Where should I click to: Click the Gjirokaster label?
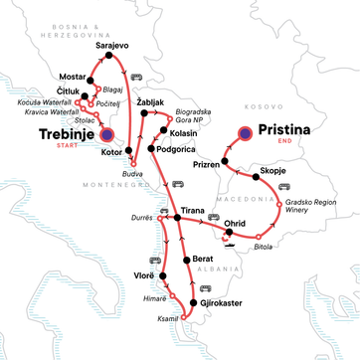221,299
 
